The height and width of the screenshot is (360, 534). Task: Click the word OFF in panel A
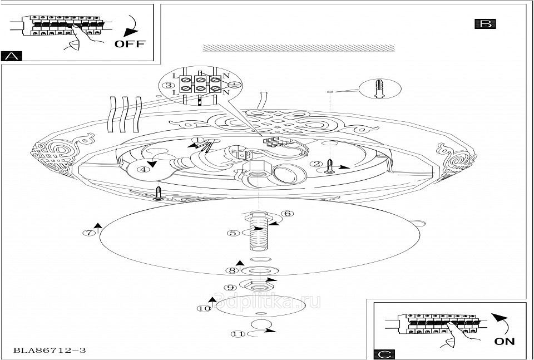130,44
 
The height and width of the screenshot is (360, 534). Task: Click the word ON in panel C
504,341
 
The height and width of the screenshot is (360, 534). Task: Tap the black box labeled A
12,56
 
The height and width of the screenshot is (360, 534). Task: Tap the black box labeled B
485,23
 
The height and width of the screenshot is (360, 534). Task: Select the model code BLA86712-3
50,351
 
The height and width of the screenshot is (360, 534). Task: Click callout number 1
196,140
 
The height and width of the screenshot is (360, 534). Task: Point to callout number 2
316,164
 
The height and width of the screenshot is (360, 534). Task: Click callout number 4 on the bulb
144,170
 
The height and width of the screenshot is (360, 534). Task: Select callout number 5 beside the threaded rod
233,234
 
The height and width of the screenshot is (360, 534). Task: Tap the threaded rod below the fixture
259,231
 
